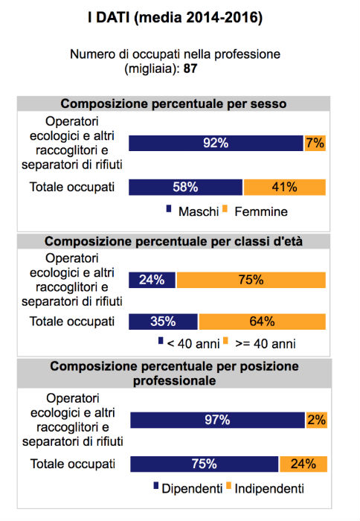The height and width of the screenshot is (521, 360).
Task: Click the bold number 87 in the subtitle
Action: click(190, 68)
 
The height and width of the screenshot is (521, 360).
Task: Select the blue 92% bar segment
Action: click(216, 143)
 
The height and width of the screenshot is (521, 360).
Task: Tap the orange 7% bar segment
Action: click(315, 143)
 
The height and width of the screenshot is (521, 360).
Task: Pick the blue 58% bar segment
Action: click(186, 187)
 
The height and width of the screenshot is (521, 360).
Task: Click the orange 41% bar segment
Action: click(285, 187)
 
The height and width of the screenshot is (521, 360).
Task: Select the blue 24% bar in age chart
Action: click(152, 280)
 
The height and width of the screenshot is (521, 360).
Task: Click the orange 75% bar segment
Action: click(251, 280)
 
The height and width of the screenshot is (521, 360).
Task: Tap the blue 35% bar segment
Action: click(163, 322)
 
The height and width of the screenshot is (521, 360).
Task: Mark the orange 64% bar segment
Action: click(263, 322)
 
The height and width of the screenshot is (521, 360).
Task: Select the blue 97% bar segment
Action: click(217, 420)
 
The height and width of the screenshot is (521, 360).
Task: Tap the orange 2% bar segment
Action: click(317, 420)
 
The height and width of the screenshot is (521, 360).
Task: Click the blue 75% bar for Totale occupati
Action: click(205, 464)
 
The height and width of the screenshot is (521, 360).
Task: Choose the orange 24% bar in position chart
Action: click(303, 464)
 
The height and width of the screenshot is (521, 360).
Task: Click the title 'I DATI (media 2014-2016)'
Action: click(175, 17)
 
